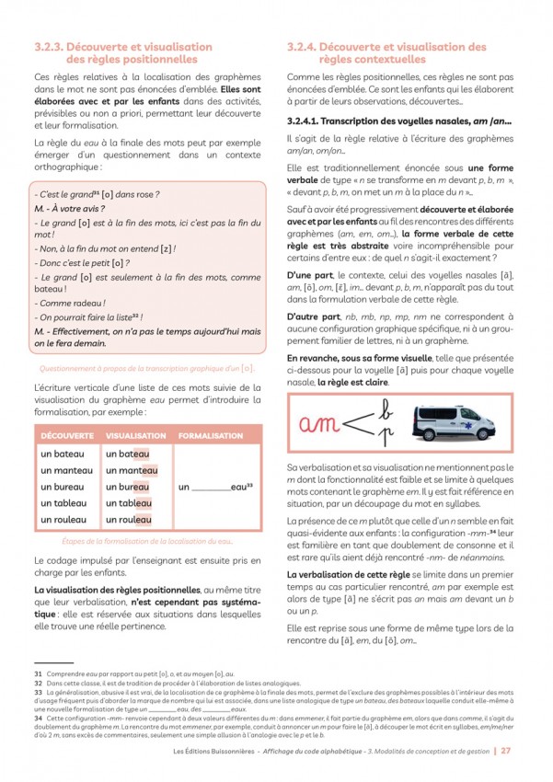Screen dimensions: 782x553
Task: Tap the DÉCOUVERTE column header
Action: point(68,434)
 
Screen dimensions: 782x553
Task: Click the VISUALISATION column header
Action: point(135,434)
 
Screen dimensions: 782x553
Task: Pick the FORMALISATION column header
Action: point(210,434)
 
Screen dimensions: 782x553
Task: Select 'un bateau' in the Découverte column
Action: point(63,454)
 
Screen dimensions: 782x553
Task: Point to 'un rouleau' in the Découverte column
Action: point(64,520)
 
